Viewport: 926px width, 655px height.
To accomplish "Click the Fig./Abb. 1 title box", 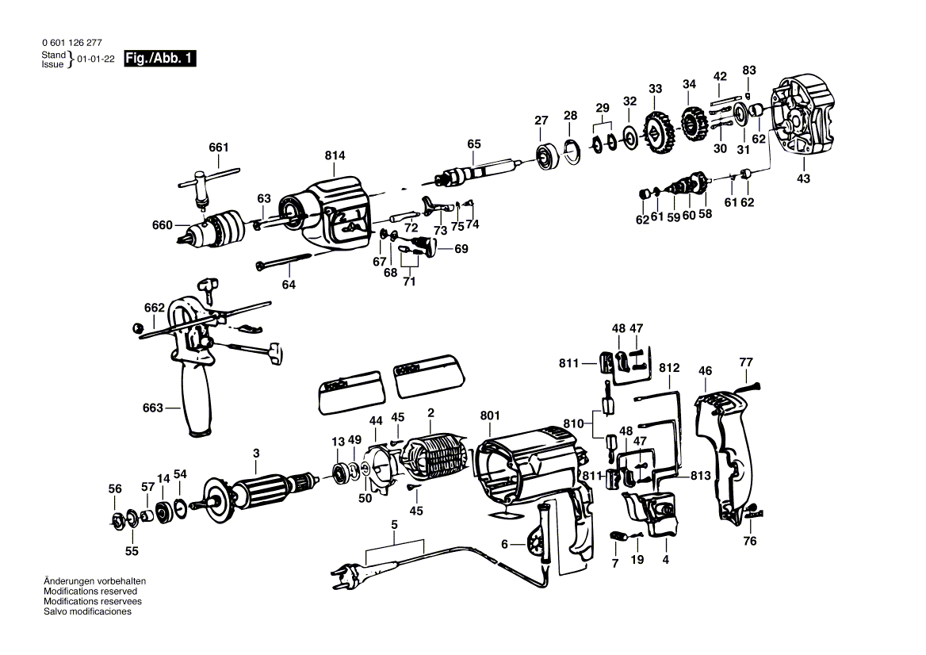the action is [x=160, y=59].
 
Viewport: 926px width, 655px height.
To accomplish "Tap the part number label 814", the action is [x=335, y=155].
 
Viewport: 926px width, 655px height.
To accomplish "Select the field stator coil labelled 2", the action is [x=434, y=461].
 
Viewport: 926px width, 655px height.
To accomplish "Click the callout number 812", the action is [x=669, y=367].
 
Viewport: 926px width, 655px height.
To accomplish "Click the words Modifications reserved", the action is [x=90, y=592].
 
